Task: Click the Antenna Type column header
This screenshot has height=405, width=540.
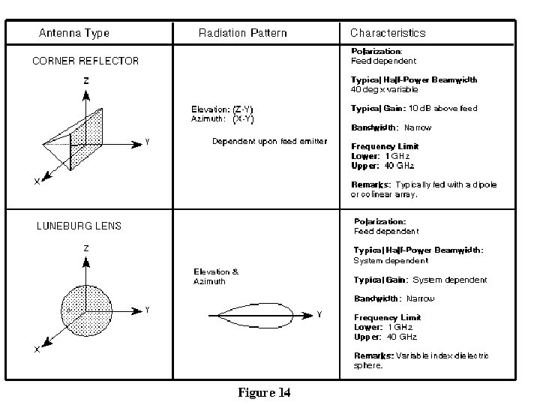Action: coord(74,33)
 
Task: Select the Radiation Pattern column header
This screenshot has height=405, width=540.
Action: coord(242,33)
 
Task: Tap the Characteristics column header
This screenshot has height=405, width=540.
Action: coord(388,33)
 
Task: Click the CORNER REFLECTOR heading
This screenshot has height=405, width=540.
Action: coord(85,61)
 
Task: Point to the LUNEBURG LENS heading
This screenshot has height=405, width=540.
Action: coord(79,226)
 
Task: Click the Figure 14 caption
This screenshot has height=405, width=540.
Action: coord(264,392)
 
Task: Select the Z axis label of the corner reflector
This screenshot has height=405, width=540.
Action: coord(86,80)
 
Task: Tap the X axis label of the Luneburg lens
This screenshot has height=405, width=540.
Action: coord(37,349)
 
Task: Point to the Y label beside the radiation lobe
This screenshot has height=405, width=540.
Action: coord(319,315)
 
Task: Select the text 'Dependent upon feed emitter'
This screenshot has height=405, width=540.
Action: coord(269,141)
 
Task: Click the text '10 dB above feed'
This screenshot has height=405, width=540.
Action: coord(442,109)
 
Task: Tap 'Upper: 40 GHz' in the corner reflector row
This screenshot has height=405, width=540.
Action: coord(382,166)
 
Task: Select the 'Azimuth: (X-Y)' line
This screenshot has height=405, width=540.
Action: coord(223,118)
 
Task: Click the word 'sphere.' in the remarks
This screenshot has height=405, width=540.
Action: coord(368,366)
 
